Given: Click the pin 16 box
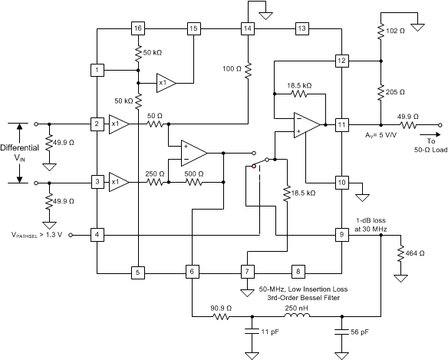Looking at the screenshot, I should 138,28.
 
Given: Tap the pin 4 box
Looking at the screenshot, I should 97,234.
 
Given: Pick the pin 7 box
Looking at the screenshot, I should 246,272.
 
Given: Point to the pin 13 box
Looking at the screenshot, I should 301,28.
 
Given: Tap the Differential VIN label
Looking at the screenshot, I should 19,154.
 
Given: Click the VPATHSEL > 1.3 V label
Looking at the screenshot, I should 38,234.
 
